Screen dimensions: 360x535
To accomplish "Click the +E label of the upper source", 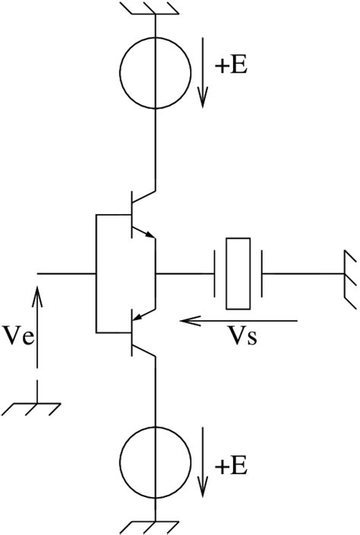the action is pyautogui.click(x=231, y=65).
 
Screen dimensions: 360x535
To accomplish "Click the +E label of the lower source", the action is pyautogui.click(x=231, y=466).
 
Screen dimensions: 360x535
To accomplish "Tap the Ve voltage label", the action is pyautogui.click(x=17, y=336).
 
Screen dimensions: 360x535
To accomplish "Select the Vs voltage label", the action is pyautogui.click(x=243, y=337).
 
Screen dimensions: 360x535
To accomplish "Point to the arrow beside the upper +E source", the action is pyautogui.click(x=203, y=73).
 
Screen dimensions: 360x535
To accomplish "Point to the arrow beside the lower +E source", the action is pyautogui.click(x=203, y=462).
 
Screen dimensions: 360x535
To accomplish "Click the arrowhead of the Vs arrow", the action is pyautogui.click(x=187, y=321).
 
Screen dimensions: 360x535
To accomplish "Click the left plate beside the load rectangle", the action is pyautogui.click(x=215, y=274).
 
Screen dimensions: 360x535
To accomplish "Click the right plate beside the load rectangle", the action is pyautogui.click(x=262, y=274).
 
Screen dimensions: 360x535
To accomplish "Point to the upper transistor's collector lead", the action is pyautogui.click(x=144, y=197).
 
